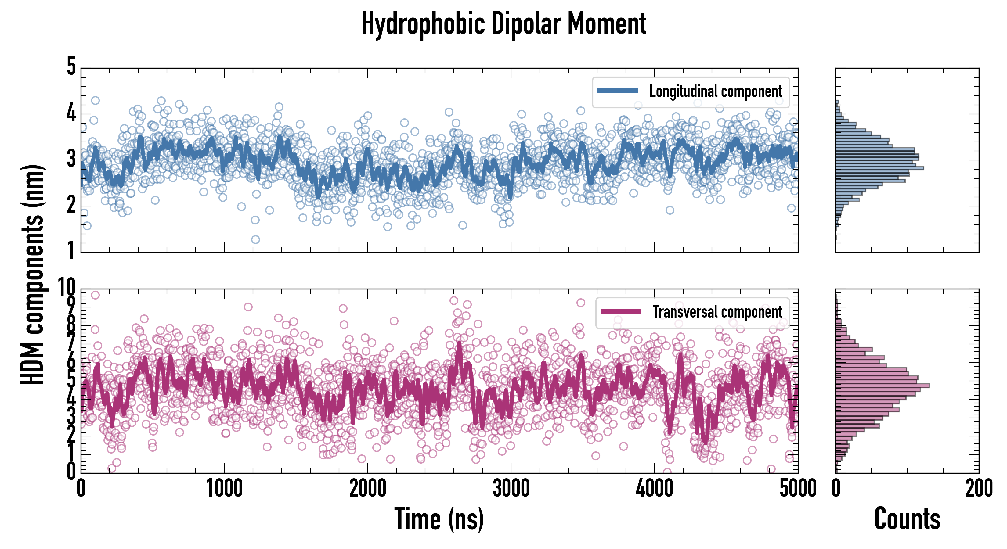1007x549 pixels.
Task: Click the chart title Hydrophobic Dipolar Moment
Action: (504, 24)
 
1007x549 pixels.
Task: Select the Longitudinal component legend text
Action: (715, 91)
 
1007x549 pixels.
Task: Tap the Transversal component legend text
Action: (717, 312)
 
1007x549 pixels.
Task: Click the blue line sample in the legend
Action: (617, 91)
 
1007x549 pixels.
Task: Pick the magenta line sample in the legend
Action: (621, 311)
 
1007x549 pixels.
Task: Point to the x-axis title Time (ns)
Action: (439, 519)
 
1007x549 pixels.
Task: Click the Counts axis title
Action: (907, 519)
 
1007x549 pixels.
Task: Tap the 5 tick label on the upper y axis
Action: (71, 66)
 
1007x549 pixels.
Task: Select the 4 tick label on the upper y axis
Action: (71, 114)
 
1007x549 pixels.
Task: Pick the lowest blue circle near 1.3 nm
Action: (255, 239)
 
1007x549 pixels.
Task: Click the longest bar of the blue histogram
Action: (879, 168)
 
